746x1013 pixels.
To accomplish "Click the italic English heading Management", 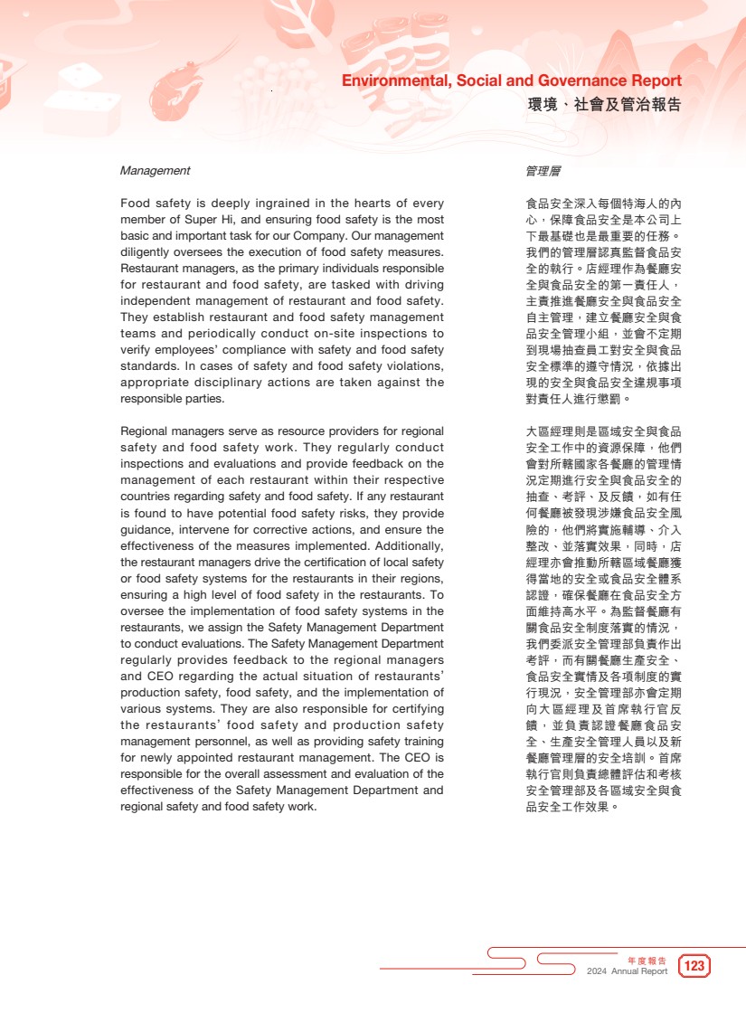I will (x=156, y=170).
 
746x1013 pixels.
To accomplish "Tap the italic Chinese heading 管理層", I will (x=543, y=170).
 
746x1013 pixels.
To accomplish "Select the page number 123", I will (x=694, y=966).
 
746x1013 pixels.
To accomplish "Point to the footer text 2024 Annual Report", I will (x=627, y=971).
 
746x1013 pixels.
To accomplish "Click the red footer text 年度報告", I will (x=647, y=960).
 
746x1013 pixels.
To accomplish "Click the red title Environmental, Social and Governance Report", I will (x=511, y=81).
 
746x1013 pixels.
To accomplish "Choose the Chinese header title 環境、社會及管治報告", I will (x=604, y=105).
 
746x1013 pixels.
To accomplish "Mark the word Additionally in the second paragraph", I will (x=407, y=546).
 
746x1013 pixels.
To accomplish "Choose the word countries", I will (x=146, y=497).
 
